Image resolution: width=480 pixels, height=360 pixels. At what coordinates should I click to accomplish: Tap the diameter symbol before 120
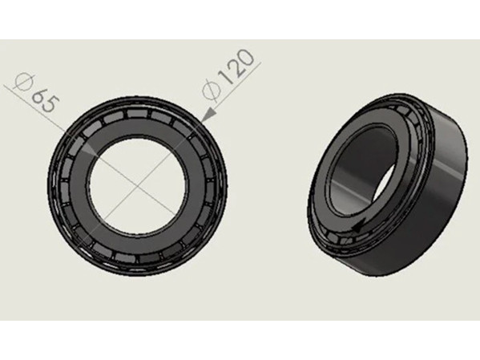click(212, 91)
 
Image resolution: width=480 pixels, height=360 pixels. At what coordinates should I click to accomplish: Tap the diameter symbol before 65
click(25, 82)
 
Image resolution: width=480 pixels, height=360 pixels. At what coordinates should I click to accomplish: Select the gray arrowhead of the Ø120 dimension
click(210, 114)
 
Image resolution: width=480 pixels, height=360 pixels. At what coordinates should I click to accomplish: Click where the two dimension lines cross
click(137, 186)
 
